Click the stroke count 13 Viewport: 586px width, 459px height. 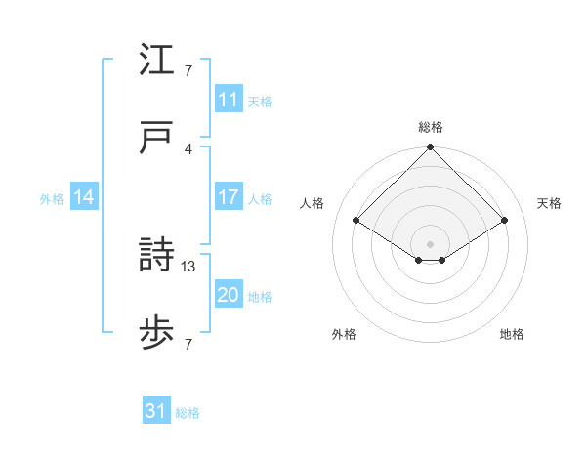[188, 266]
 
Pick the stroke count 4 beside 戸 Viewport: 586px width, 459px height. [188, 148]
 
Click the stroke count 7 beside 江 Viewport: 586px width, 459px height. [188, 70]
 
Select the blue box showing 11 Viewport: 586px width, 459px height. [228, 100]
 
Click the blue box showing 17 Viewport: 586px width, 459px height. [228, 197]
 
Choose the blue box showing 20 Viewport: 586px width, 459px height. [228, 296]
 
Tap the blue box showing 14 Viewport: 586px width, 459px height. [83, 197]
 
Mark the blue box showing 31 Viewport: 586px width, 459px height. [156, 411]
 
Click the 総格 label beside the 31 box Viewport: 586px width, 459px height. [188, 413]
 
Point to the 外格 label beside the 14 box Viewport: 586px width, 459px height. [52, 199]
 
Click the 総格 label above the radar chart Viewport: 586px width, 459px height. [430, 127]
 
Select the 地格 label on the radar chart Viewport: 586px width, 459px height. [512, 334]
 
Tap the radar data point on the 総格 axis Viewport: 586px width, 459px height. [430, 148]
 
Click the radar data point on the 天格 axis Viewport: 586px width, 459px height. [505, 221]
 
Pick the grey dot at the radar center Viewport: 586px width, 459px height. [430, 243]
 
